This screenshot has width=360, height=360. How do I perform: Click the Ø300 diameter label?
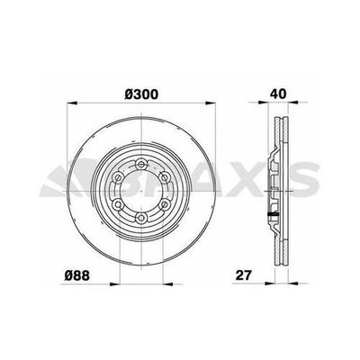[x=141, y=94]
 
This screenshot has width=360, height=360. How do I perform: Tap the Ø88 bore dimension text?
[x=76, y=275]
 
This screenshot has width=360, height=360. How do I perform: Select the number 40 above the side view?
[x=278, y=94]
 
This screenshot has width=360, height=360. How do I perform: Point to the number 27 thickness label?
[x=243, y=275]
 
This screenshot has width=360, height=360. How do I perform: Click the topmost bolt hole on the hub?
[x=140, y=164]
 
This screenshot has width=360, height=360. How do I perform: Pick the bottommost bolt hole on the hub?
[x=140, y=218]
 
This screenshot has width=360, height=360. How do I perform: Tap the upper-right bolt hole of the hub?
[x=164, y=177]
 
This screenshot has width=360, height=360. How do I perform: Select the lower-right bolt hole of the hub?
[x=164, y=204]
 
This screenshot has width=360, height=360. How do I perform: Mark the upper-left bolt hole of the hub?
[x=118, y=177]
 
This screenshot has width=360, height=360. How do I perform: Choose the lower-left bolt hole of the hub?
[x=118, y=204]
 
